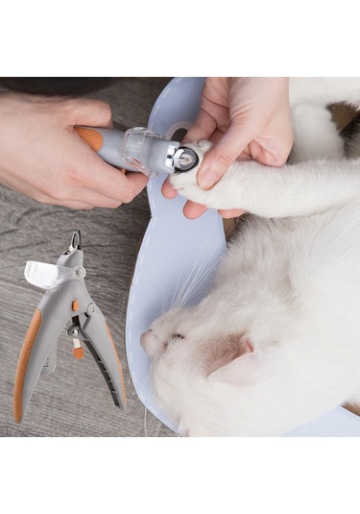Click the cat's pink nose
pos(146,338)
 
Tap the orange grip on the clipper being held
pos(91,137)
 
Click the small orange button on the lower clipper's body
pos(76,306)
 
